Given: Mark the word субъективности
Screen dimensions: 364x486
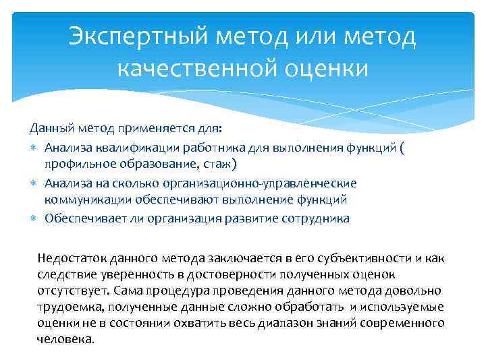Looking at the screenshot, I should pos(372,258).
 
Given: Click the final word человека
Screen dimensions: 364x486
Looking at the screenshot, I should pos(65,339).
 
